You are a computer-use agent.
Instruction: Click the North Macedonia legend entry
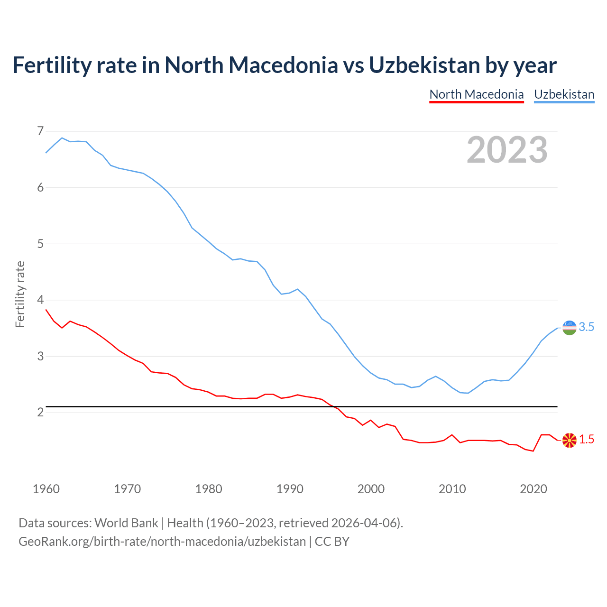pos(476,94)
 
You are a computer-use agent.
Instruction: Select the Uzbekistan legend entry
pos(564,94)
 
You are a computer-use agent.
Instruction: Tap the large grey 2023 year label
pos(507,150)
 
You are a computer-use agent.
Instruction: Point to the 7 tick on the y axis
pos(40,131)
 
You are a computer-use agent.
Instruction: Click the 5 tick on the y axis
pos(40,244)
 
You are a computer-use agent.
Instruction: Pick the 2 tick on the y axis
pos(40,412)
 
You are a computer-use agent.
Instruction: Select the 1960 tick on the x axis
pos(46,489)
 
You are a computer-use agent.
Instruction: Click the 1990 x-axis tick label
pos(290,489)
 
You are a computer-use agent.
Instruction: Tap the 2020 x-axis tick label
pos(533,489)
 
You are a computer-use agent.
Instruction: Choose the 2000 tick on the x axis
pos(371,489)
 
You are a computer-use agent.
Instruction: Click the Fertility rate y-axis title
pos(20,294)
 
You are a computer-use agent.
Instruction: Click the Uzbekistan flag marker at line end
pos(569,327)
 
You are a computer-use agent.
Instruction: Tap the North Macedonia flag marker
pos(569,440)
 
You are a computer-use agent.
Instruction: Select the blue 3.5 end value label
pos(587,327)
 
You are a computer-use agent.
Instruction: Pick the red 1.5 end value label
pos(587,440)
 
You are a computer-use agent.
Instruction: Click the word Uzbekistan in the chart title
pos(424,65)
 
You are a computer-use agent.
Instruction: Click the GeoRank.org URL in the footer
pos(162,542)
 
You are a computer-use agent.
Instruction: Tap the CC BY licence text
pos(332,542)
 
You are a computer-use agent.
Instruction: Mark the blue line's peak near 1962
pos(62,138)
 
